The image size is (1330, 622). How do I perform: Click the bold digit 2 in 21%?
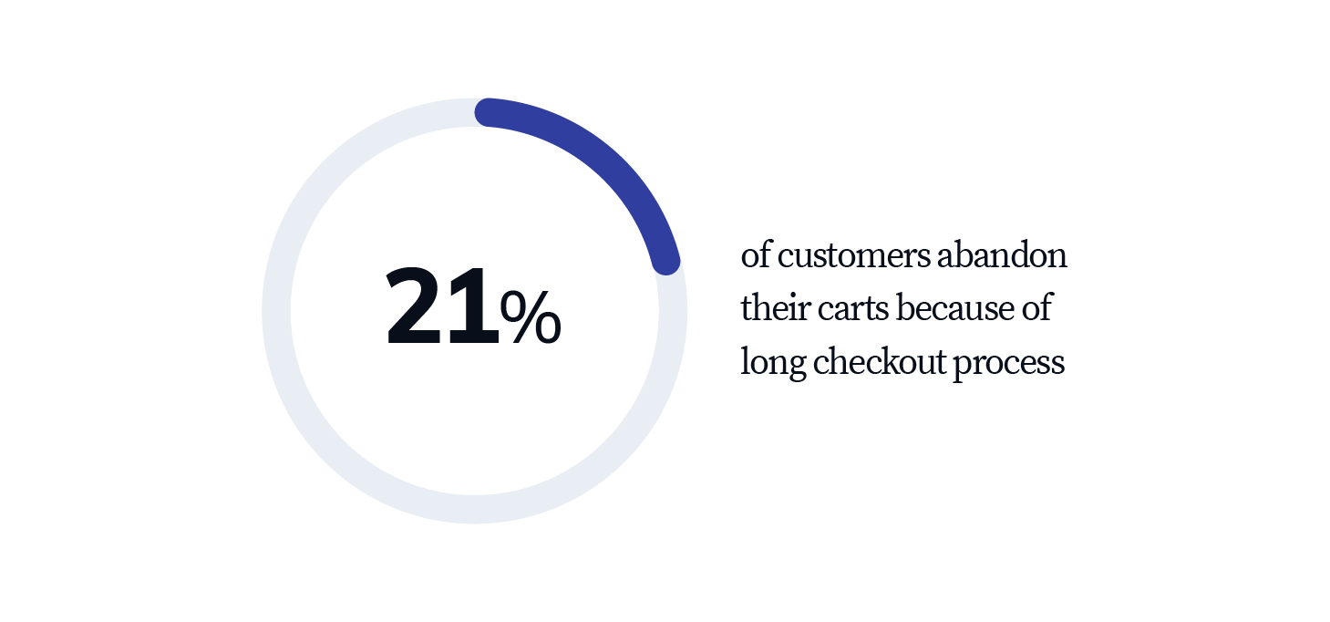tap(414, 306)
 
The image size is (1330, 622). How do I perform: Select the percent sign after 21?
tap(531, 316)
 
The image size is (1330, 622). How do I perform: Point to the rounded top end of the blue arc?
tap(489, 112)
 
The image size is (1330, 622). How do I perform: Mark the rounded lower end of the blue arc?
tap(665, 261)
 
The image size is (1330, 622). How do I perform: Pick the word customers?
tap(854, 256)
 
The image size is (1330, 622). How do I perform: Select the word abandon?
tap(1002, 254)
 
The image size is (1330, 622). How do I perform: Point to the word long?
tap(773, 363)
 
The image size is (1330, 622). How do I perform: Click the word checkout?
tap(880, 361)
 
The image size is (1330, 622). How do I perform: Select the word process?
tap(1009, 365)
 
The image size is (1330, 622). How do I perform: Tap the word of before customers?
tap(756, 254)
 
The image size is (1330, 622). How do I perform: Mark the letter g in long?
tap(796, 367)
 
